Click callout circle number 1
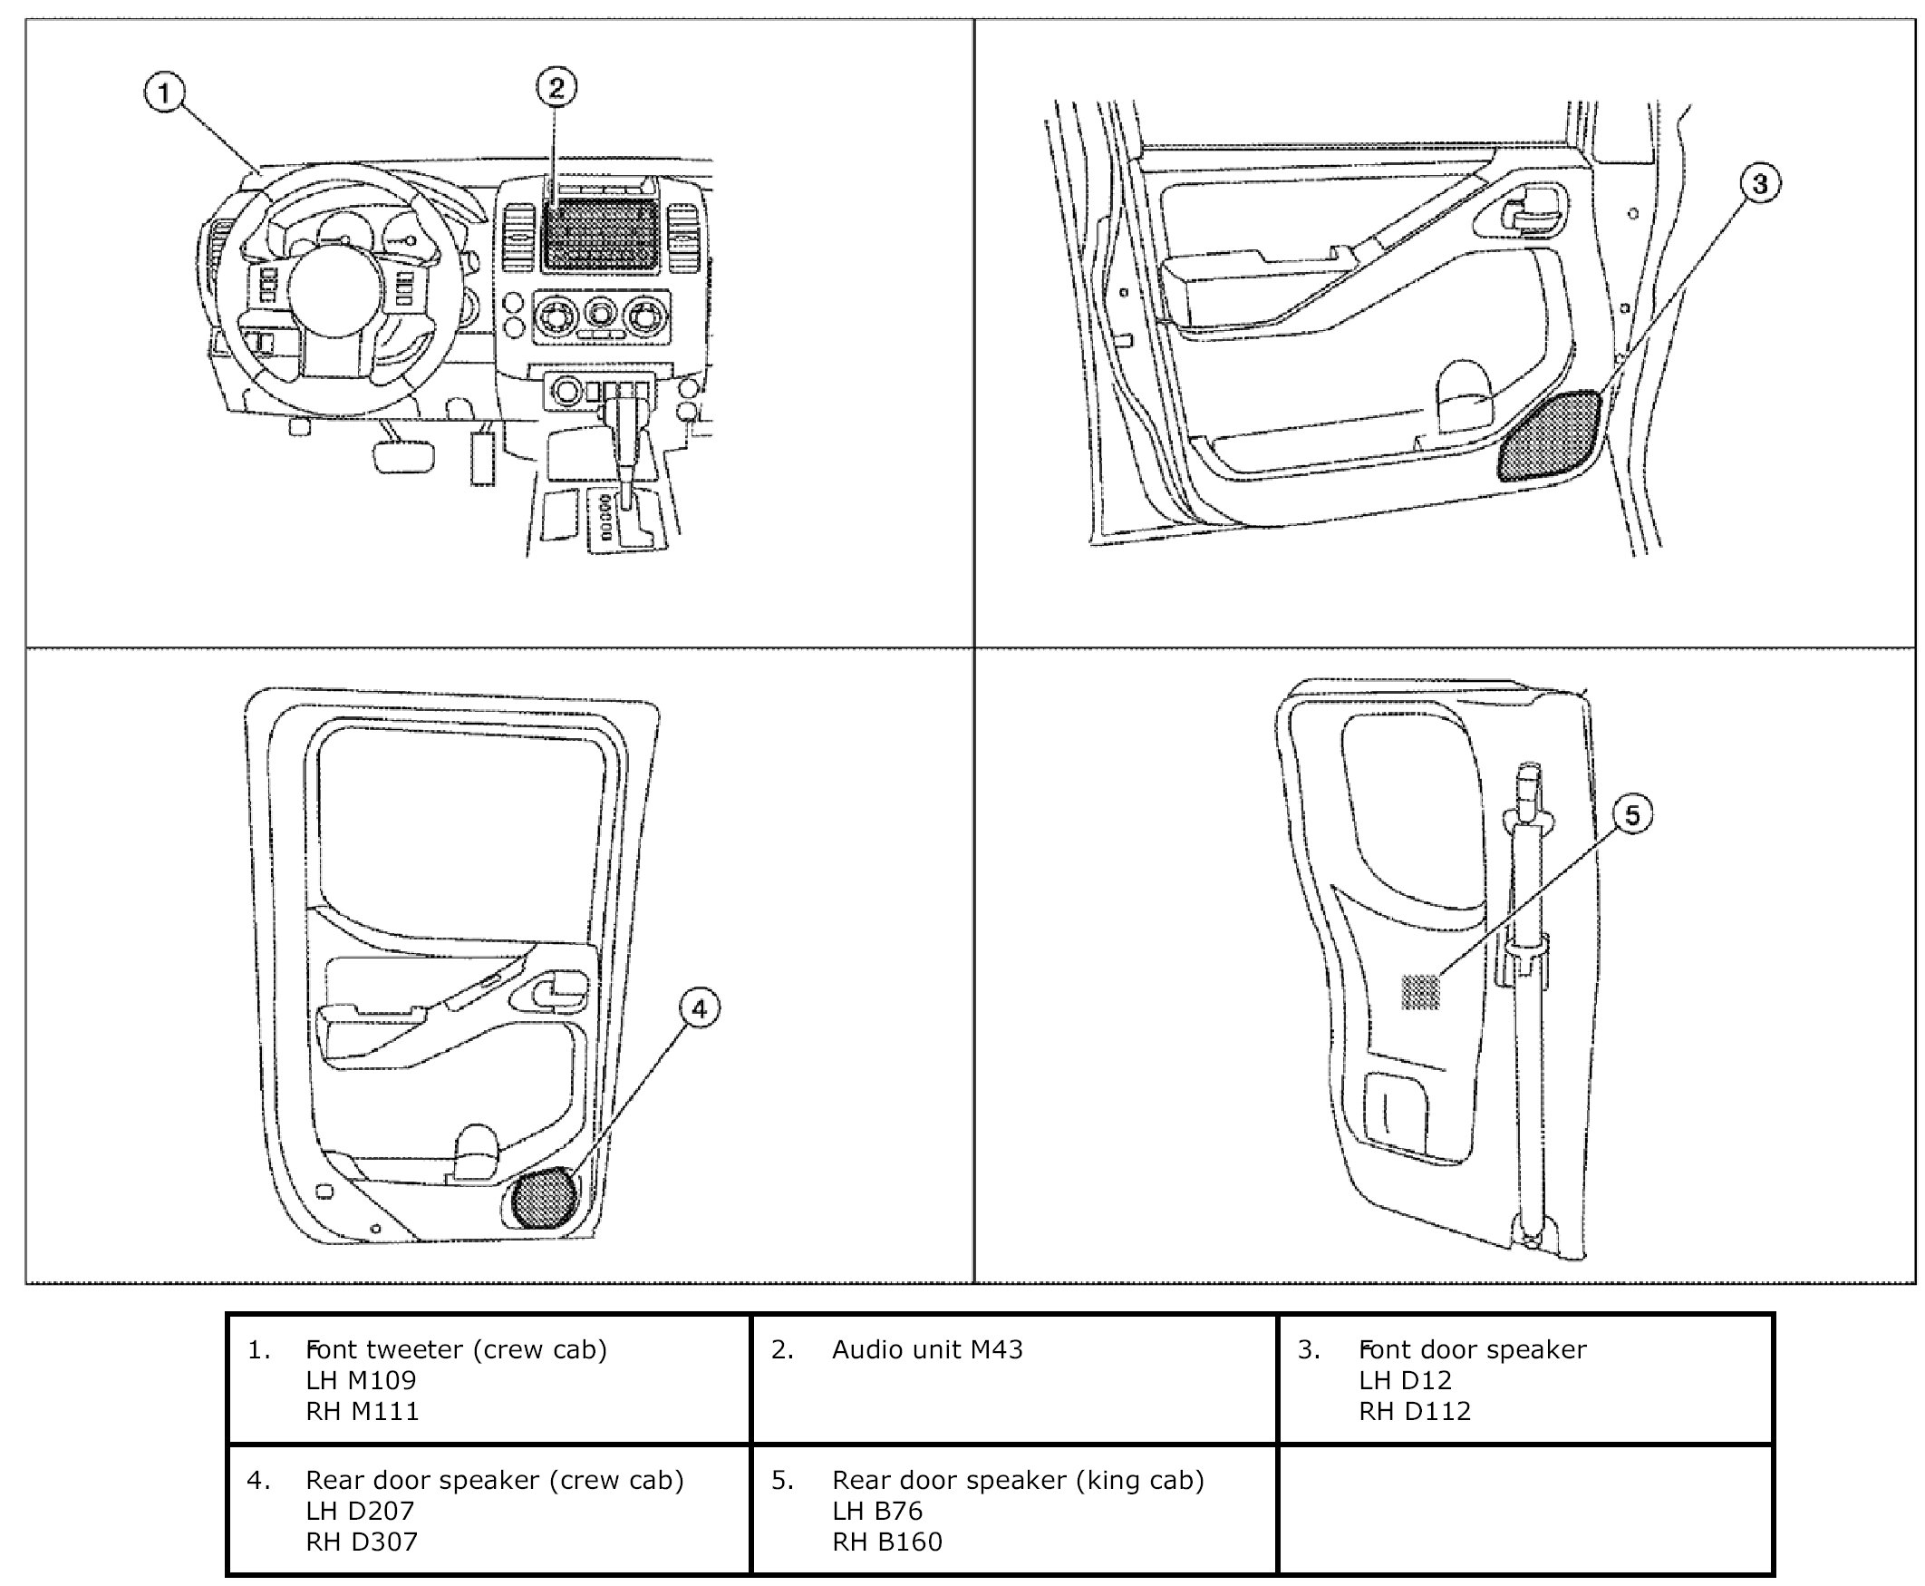[164, 93]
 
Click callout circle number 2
[556, 88]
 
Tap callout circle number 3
[1759, 184]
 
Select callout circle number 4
[699, 1008]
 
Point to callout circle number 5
[1632, 814]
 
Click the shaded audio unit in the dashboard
[601, 234]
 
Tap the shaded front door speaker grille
[1549, 435]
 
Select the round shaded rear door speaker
[545, 1198]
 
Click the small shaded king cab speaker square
[1420, 992]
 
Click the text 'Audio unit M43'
[927, 1349]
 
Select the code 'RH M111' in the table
[363, 1412]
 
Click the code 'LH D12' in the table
[1405, 1380]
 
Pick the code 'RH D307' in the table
[362, 1542]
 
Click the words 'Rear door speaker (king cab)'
[1018, 1480]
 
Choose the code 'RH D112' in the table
[1415, 1412]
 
